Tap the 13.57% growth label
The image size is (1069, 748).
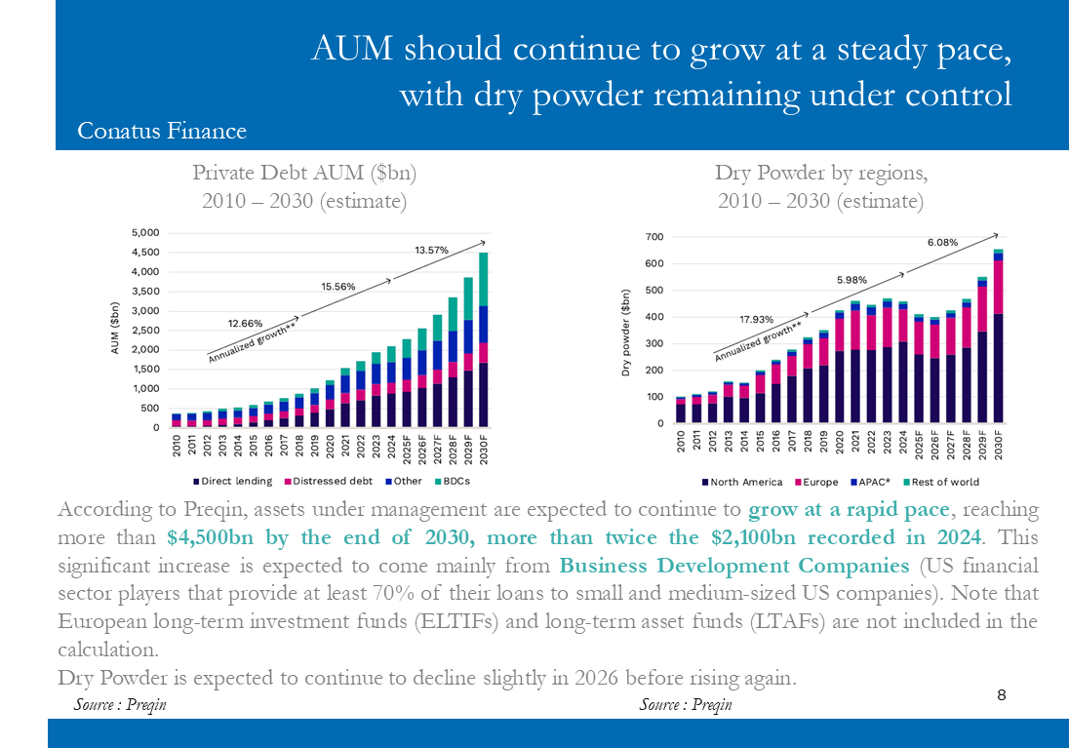[431, 251]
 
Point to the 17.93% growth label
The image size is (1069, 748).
[756, 319]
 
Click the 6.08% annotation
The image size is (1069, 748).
[942, 243]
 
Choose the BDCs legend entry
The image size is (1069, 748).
[455, 482]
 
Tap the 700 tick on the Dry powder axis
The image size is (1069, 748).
[653, 237]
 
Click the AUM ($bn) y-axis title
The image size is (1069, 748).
[115, 329]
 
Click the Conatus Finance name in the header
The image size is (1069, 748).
[162, 131]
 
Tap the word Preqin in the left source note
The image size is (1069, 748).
[145, 704]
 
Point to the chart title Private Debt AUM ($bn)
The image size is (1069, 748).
[304, 174]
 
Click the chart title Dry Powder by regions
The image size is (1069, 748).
[820, 174]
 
